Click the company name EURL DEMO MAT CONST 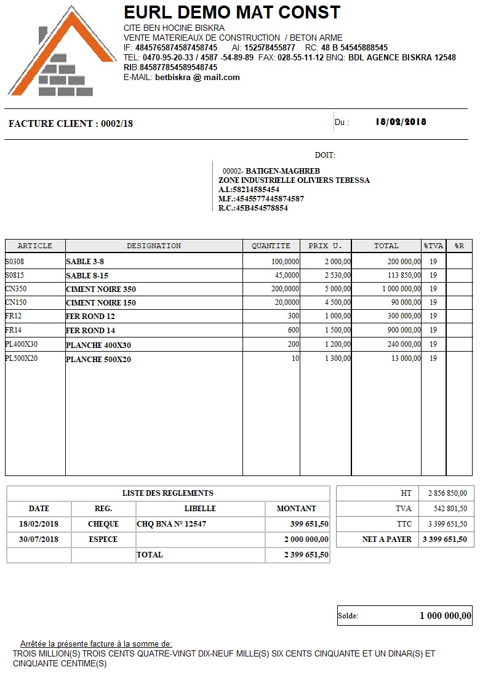232,12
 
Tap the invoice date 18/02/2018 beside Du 401,122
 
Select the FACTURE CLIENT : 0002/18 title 71,124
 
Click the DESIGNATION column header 154,246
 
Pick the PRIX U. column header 325,246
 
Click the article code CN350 16,288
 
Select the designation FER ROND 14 90,331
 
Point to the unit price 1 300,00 338,358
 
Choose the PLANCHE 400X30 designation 98,345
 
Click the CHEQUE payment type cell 103,524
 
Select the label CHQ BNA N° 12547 172,524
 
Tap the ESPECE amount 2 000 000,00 306,539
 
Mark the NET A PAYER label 387,539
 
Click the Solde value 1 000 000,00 446,615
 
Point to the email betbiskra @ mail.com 198,78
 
